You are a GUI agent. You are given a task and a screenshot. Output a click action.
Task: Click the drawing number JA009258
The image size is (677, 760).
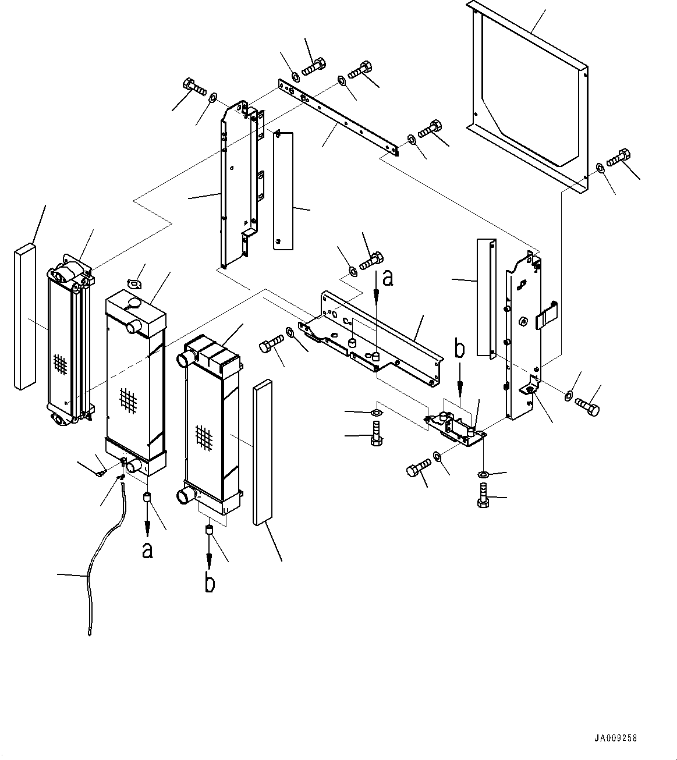[615, 738]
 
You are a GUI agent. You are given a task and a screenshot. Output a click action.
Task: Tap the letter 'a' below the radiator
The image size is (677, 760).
[147, 551]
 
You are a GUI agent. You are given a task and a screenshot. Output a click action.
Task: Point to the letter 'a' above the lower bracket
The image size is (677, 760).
[388, 279]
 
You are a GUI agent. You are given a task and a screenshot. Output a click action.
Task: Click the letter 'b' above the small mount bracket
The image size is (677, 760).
[459, 347]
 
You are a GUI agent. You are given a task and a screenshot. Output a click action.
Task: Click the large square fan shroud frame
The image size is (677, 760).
[527, 98]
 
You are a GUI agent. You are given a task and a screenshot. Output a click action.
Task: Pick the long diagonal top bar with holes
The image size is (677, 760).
[338, 118]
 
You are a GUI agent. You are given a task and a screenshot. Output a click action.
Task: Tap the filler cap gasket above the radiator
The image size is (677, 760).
[136, 284]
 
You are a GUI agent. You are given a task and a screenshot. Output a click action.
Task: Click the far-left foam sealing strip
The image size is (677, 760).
[25, 316]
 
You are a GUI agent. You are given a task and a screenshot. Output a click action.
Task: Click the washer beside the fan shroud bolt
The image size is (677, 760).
[600, 168]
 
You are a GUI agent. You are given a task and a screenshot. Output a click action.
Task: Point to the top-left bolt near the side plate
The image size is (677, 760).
[194, 87]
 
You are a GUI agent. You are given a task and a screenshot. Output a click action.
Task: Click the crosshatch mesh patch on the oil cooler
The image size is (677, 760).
[60, 364]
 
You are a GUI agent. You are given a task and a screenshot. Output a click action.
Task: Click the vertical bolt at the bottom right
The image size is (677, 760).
[483, 496]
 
